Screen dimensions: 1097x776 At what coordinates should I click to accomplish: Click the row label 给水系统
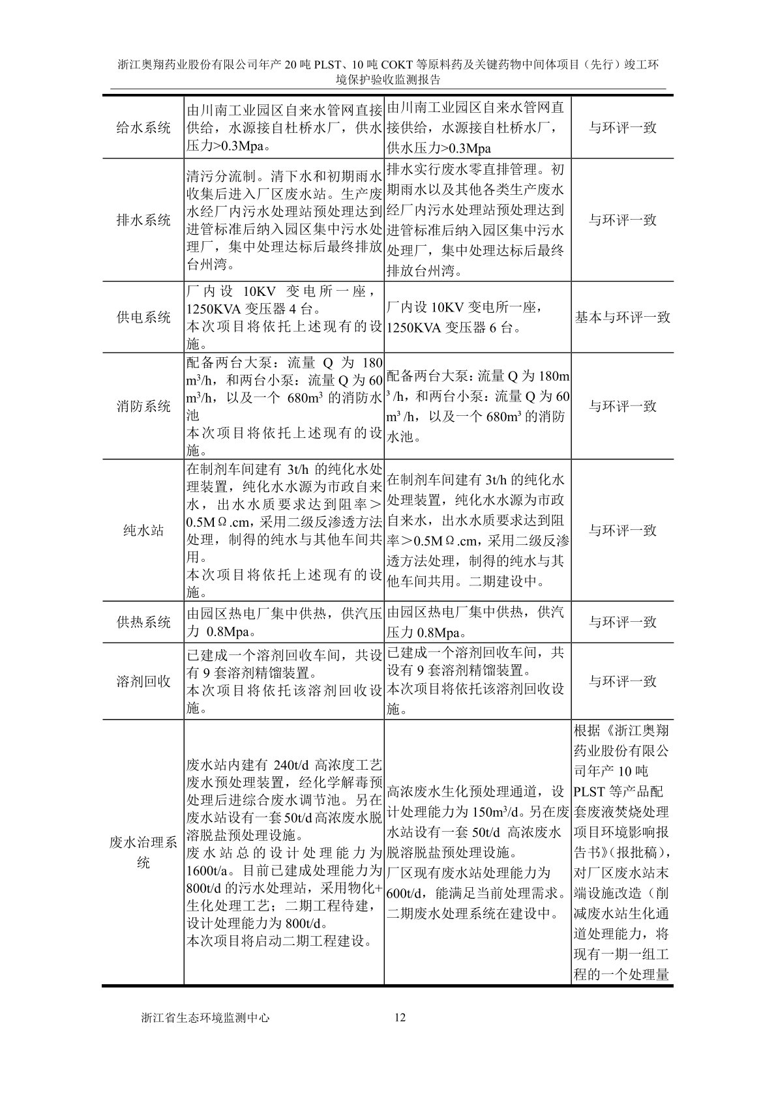click(143, 127)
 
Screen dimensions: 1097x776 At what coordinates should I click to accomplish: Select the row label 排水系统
click(143, 220)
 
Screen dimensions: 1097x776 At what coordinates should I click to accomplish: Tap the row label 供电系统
click(143, 317)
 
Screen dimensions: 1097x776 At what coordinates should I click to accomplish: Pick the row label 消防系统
click(143, 406)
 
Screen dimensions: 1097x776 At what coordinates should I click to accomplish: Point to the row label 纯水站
click(143, 531)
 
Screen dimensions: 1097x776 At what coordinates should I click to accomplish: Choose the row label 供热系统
click(143, 622)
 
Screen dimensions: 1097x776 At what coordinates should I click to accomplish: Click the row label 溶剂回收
click(143, 681)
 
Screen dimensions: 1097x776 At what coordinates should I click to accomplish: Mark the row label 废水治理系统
click(143, 853)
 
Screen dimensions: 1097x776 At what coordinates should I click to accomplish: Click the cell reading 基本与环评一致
click(622, 317)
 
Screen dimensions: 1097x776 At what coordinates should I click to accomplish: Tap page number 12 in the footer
click(400, 1017)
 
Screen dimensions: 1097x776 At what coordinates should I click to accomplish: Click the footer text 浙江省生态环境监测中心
click(205, 1017)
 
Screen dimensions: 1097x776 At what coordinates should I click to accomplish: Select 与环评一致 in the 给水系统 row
click(622, 127)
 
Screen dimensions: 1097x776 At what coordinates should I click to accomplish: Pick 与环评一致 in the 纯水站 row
click(622, 531)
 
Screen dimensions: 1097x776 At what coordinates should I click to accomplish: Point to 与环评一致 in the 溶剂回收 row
click(622, 681)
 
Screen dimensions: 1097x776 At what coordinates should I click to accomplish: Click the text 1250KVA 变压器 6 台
click(454, 327)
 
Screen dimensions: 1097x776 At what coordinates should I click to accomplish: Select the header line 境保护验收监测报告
click(388, 80)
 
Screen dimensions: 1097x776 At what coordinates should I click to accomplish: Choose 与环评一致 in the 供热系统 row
click(622, 622)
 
